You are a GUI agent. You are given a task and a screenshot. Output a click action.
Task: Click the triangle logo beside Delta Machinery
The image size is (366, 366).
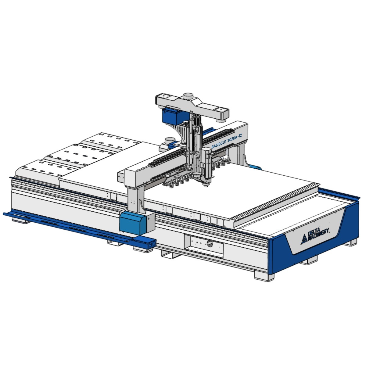tap(304, 240)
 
